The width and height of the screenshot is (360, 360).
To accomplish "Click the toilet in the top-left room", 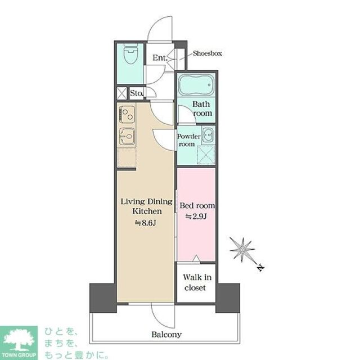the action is click(130, 55).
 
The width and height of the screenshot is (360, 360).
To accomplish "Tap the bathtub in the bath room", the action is click(196, 85).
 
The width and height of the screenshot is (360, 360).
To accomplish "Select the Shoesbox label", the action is click(207, 53).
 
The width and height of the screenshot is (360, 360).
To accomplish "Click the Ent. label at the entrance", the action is click(160, 58).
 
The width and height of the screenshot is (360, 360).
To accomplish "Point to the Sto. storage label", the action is click(137, 93).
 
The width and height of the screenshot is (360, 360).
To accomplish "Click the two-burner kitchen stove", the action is click(127, 114).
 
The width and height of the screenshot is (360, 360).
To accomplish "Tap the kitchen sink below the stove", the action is click(127, 136).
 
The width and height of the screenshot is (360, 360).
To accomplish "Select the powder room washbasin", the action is click(208, 135).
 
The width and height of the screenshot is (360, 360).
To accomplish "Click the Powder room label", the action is click(188, 140).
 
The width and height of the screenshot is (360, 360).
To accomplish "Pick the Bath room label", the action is click(202, 109).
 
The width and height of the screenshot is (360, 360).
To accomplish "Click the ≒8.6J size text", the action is click(146, 223).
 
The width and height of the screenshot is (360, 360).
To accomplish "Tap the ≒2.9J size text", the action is click(196, 216).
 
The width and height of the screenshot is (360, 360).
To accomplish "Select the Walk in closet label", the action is click(197, 282).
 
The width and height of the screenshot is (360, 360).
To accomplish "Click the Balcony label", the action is click(166, 334).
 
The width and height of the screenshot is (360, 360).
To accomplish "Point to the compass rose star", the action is click(242, 250).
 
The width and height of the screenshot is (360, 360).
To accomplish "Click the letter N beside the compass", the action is click(260, 268).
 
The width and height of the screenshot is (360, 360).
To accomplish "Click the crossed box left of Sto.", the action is click(121, 93).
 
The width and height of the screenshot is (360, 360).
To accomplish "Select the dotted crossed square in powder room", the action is click(206, 155).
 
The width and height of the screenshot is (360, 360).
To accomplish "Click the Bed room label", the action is click(197, 205).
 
